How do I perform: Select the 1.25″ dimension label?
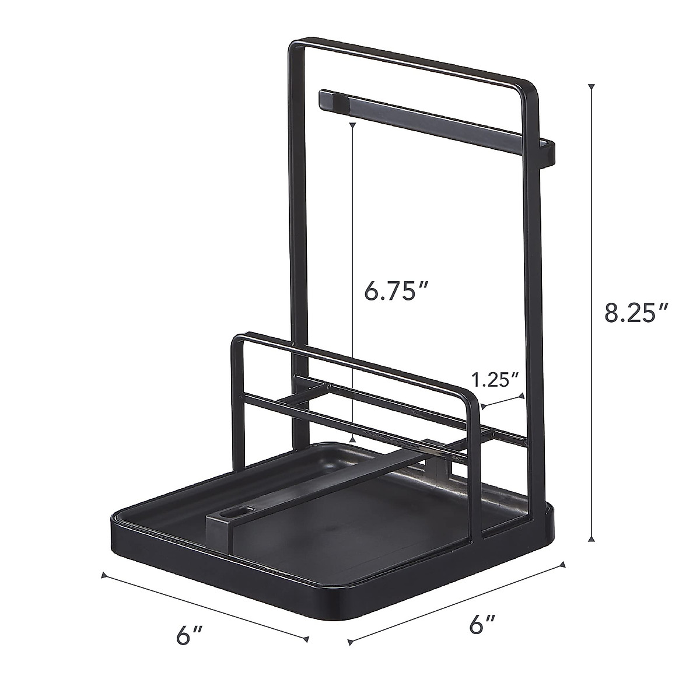(495, 380)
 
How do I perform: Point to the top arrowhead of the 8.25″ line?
(592, 87)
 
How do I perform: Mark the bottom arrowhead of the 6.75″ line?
(352, 441)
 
